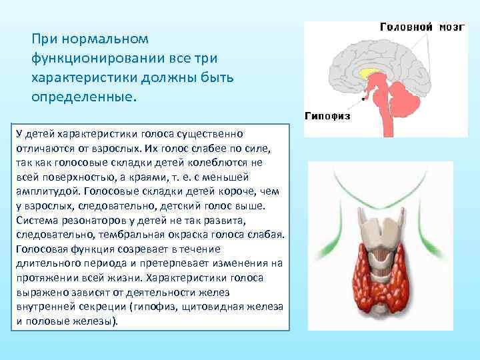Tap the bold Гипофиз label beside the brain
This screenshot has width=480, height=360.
point(328,115)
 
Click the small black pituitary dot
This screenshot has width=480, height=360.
point(363,98)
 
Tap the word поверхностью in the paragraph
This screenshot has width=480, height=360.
point(72,177)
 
